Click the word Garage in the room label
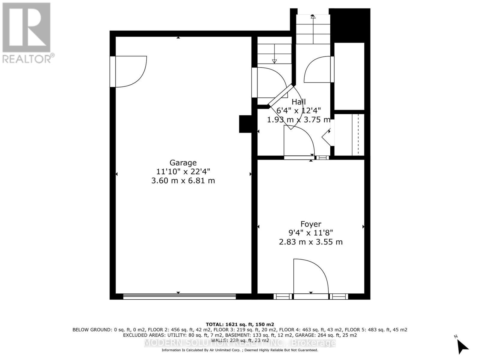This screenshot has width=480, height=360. tap(183, 163)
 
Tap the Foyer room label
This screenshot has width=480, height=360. tap(311, 224)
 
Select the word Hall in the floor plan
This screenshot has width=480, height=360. tap(298, 102)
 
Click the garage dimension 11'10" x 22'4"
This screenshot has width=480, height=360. tap(183, 172)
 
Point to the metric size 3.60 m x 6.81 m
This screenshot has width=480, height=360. tap(183, 181)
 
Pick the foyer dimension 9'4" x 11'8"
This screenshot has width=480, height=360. tap(311, 232)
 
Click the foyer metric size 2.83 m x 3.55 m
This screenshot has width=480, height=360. tap(311, 242)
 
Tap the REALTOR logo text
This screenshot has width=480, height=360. tap(28, 58)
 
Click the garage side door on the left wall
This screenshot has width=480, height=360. tap(129, 71)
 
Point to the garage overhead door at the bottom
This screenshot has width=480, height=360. tap(179, 297)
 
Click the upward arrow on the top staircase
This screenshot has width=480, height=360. tap(313, 17)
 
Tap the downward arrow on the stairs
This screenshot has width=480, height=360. tap(274, 61)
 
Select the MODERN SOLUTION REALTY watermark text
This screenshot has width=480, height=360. tap(240, 343)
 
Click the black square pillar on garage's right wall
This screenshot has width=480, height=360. tap(245, 124)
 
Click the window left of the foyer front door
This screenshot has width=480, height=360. tap(282, 297)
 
